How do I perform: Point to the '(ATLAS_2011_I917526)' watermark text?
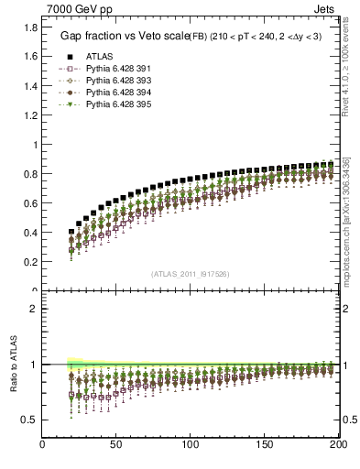click(x=191, y=273)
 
